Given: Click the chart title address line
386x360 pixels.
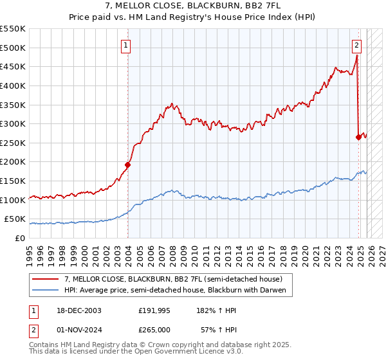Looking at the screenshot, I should click(192, 6).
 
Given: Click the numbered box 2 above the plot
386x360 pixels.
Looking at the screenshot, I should click(356, 45).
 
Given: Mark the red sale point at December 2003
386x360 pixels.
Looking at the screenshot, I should click(127, 165).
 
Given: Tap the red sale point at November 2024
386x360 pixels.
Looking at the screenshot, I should click(359, 137).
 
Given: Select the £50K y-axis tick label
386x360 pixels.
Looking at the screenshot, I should click(15, 219).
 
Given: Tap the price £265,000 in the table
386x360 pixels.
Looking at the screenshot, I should click(154, 329).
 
